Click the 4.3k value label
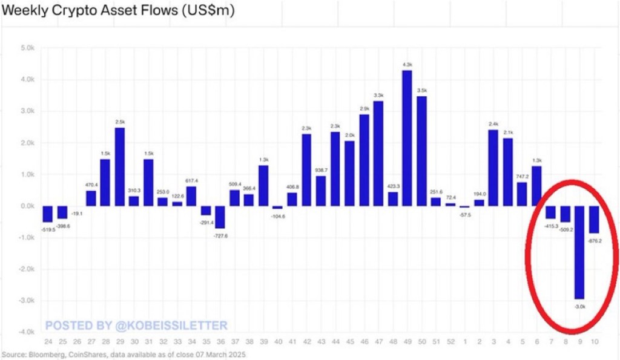click(407, 65)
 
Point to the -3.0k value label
click(579, 307)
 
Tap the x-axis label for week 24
click(47, 342)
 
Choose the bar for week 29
click(119, 166)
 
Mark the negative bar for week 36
click(220, 217)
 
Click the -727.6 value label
click(220, 235)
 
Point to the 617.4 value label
click(191, 181)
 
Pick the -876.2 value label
click(594, 240)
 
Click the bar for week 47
click(378, 154)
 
